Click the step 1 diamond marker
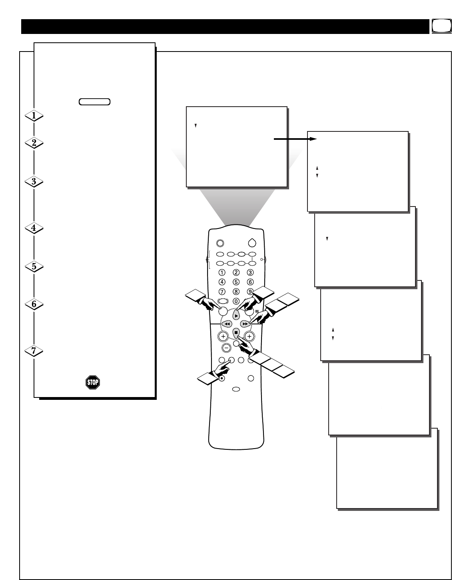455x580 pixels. [x=34, y=116]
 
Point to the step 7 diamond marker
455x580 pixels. [x=34, y=351]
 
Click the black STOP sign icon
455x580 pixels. [x=92, y=383]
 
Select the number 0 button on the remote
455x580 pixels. [x=236, y=301]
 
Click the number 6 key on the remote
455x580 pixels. [x=250, y=282]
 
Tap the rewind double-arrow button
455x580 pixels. [x=226, y=324]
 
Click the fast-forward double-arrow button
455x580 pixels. [x=245, y=324]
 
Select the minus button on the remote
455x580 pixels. [x=226, y=348]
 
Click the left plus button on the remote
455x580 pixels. [x=223, y=336]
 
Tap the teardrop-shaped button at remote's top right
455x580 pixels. [x=252, y=242]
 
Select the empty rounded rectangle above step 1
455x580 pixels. [x=95, y=101]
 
